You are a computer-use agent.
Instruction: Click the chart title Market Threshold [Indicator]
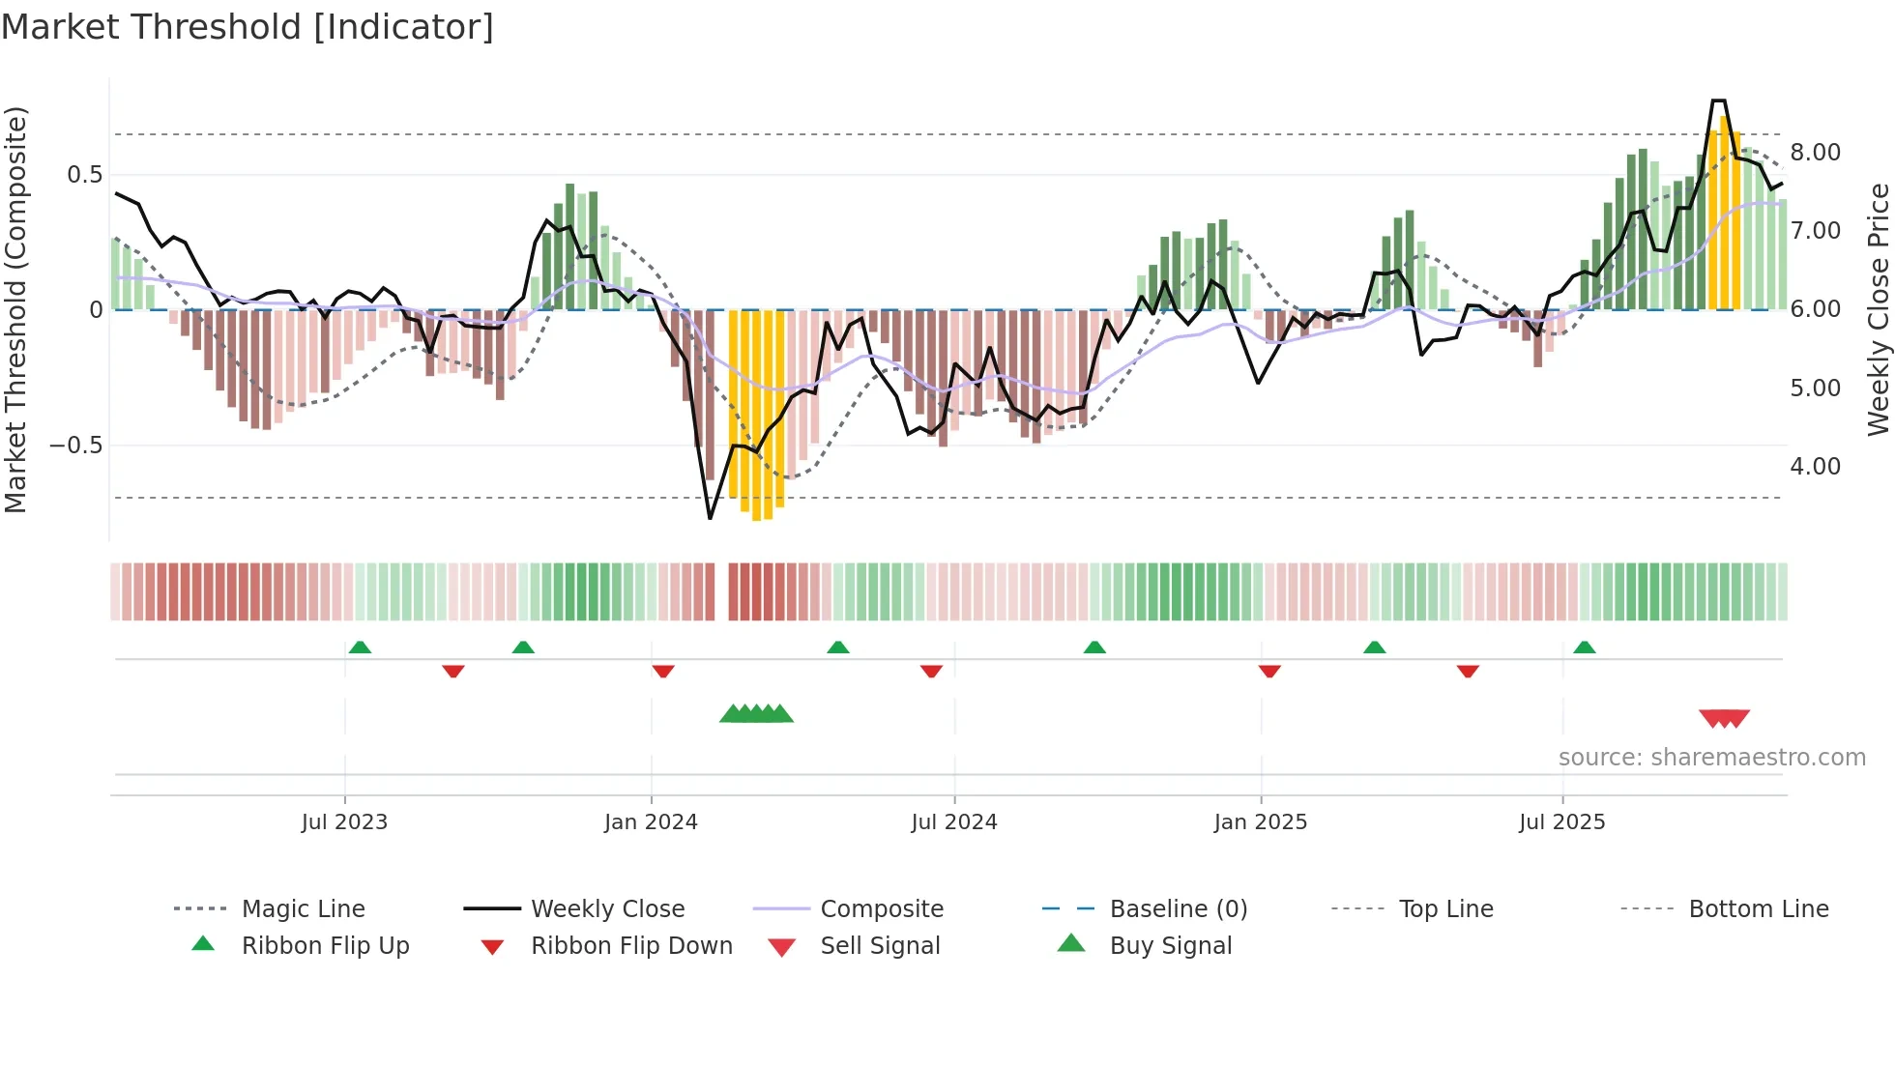click(x=248, y=27)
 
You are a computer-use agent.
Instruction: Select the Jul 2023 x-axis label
click(x=344, y=822)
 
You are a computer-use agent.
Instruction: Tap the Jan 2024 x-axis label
click(x=651, y=822)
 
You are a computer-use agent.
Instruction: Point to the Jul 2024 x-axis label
click(x=954, y=822)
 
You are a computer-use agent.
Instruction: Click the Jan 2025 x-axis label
click(x=1261, y=822)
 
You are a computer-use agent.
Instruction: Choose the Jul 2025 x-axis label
click(x=1562, y=822)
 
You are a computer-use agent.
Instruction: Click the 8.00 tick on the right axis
click(x=1816, y=153)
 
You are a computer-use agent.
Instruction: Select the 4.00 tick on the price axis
click(x=1816, y=467)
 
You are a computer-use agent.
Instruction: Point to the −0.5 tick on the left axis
click(x=76, y=446)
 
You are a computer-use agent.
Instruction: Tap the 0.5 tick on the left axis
click(x=85, y=175)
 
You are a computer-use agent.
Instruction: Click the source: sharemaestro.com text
click(x=1711, y=758)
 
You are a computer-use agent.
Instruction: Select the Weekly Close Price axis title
click(x=1878, y=309)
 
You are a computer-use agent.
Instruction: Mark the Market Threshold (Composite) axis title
click(x=15, y=309)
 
